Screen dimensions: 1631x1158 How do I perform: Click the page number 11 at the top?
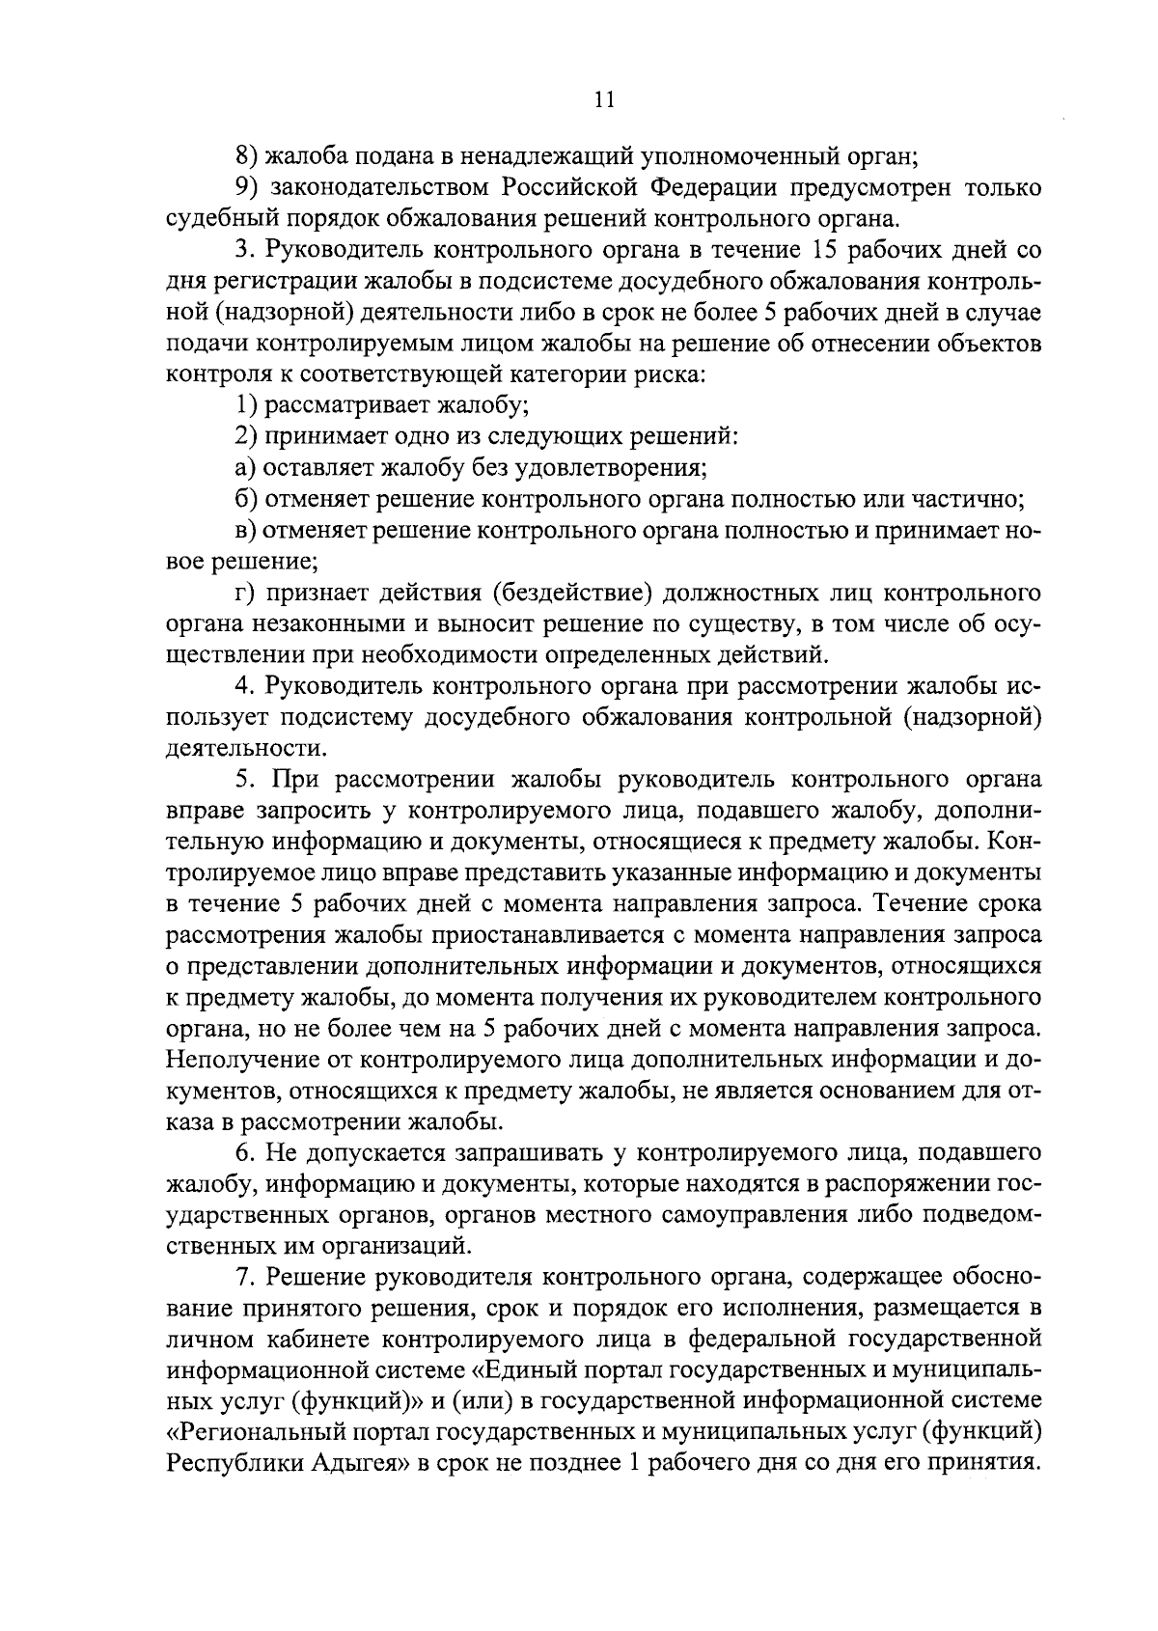(x=605, y=100)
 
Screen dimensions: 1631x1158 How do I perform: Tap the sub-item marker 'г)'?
(x=244, y=592)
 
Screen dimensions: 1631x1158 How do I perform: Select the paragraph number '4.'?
(x=244, y=686)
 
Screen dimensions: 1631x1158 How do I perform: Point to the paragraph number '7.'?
(x=244, y=1278)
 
